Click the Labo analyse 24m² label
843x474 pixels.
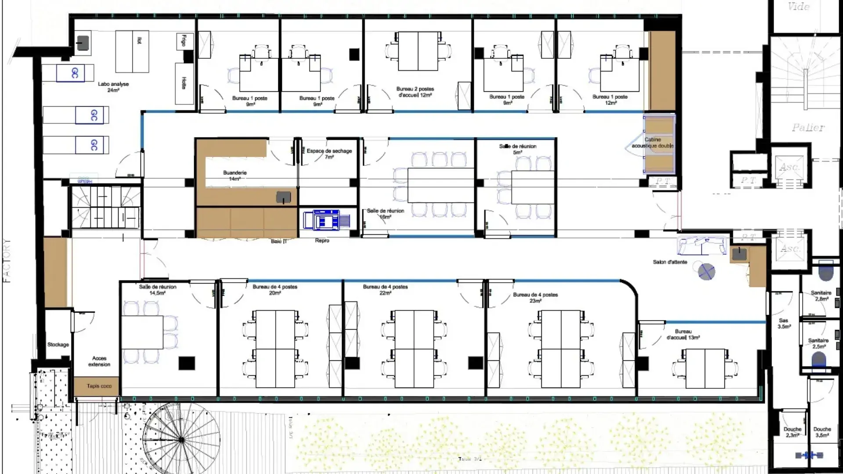[x=113, y=87]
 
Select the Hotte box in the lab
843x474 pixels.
[x=184, y=83]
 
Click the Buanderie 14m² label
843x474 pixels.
[x=235, y=176]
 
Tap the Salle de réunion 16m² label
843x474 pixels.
[x=385, y=214]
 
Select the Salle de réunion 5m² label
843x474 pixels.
[x=518, y=149]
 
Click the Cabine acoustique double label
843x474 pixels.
[x=652, y=143]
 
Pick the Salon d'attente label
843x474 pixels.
[x=670, y=262]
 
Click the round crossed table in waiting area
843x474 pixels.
[x=706, y=272]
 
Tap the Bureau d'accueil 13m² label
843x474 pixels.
[x=683, y=334]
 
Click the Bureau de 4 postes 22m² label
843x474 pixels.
[x=385, y=290]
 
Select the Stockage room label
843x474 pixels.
[x=58, y=345]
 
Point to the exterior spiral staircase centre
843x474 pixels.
[x=181, y=439]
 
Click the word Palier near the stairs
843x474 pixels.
[x=808, y=128]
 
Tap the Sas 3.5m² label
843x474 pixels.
[x=784, y=323]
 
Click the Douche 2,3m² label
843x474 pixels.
[x=792, y=432]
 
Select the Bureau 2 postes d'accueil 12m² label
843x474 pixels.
[x=415, y=92]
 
